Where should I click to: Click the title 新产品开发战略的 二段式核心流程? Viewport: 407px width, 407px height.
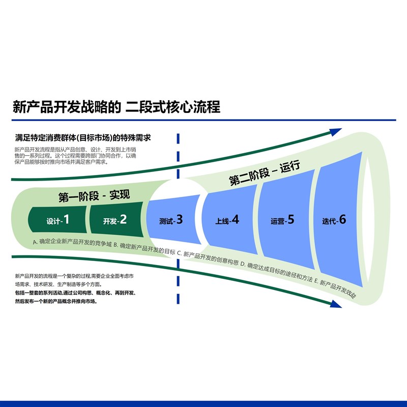(x=117, y=107)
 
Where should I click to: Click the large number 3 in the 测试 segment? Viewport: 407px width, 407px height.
(x=179, y=220)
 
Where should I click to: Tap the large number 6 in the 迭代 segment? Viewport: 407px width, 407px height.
(x=342, y=219)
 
